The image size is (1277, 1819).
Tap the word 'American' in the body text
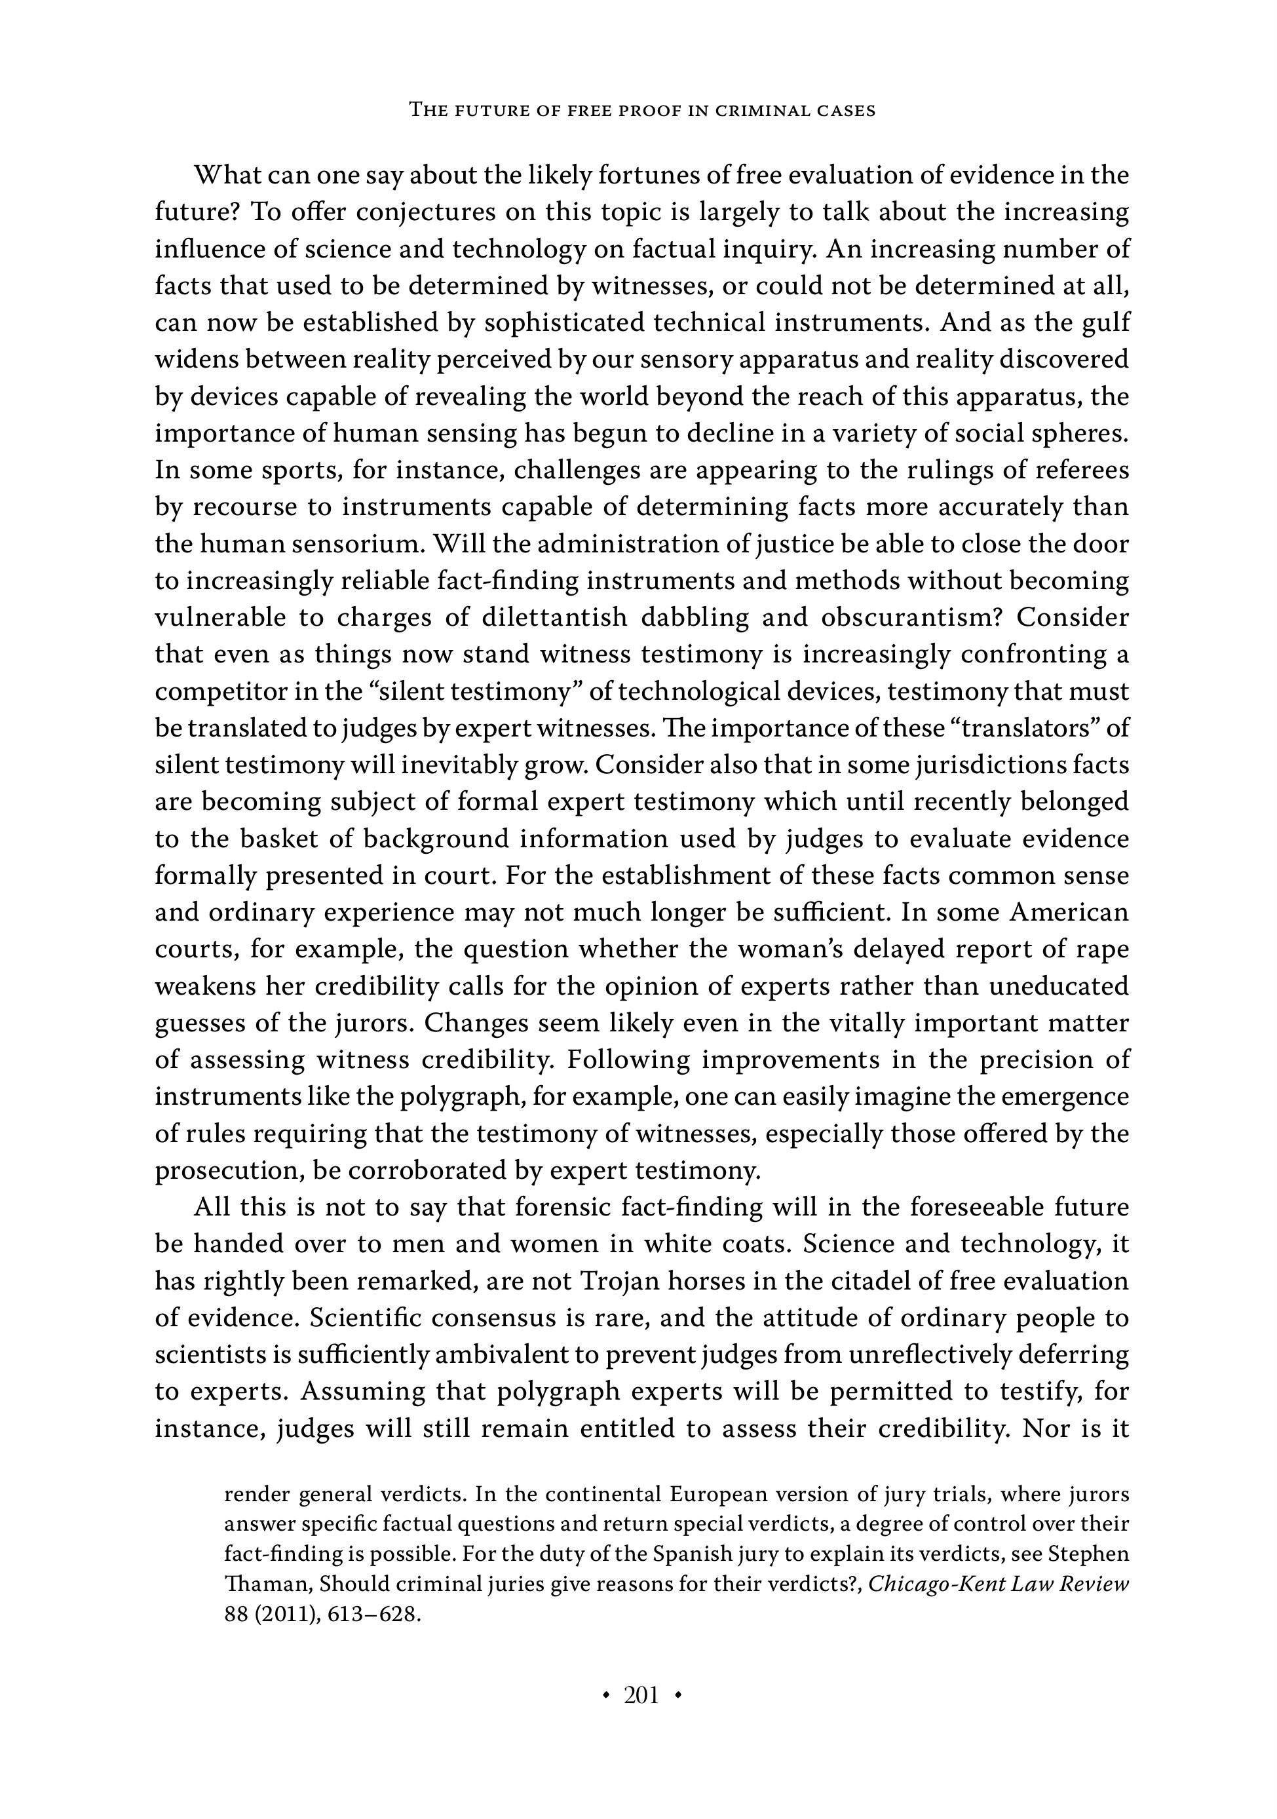(x=1069, y=913)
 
